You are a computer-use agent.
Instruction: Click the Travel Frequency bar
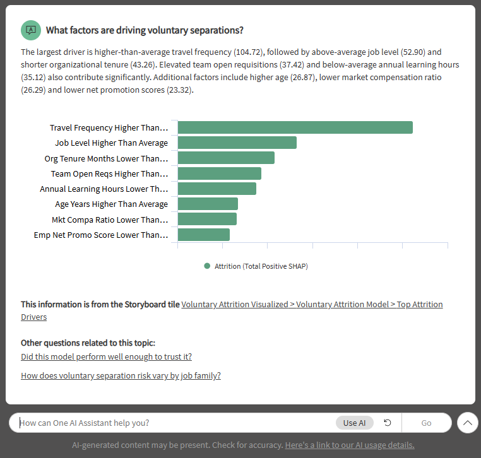[295, 127]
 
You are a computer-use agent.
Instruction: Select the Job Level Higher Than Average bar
[237, 143]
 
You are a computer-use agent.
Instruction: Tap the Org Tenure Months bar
[226, 158]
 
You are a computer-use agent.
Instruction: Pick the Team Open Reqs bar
[219, 173]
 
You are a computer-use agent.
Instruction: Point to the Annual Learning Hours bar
[217, 189]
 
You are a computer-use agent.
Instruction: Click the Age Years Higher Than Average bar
[208, 204]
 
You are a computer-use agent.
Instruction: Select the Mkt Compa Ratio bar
[207, 219]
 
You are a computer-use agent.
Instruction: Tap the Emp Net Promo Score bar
[203, 235]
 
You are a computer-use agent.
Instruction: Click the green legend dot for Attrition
[207, 266]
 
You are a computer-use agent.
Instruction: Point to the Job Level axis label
[111, 143]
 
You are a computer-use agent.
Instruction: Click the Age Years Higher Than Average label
[111, 204]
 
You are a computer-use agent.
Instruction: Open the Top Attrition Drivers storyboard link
[312, 305]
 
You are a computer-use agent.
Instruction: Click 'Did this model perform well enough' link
[106, 357]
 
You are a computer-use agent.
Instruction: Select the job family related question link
[121, 376]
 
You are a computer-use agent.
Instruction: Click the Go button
[426, 423]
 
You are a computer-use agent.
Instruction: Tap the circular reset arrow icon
[388, 423]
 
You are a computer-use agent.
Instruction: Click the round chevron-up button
[467, 423]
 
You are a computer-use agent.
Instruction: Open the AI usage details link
[350, 445]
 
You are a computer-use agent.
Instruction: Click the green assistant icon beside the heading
[30, 30]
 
